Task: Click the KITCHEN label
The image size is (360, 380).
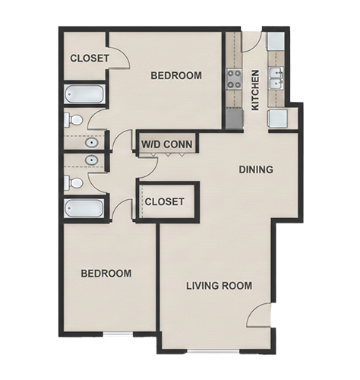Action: coord(255,90)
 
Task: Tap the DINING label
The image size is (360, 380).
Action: coord(256,169)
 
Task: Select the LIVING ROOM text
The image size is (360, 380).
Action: coord(219,286)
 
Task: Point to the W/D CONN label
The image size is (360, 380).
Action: coord(167,144)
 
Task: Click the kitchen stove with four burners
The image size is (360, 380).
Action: coord(234,79)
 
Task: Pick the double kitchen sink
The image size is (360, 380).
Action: coord(276,78)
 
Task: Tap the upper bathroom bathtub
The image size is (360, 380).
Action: coord(84,94)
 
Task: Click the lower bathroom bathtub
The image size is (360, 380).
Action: coord(84,208)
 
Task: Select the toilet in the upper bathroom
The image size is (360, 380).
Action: coord(73,120)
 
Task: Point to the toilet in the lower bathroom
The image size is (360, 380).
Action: coord(73,182)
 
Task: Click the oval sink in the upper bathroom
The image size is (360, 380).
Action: coord(92,143)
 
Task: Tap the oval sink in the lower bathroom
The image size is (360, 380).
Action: coord(92,160)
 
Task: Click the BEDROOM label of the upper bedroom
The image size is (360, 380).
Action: coord(176,75)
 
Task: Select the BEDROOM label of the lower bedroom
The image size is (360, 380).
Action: coord(106,274)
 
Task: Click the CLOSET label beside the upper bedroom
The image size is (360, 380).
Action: coord(90,59)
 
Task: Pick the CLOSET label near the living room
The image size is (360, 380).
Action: coord(165,201)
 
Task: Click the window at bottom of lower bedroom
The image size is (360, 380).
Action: coord(118,334)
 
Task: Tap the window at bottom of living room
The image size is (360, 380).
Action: coord(213,351)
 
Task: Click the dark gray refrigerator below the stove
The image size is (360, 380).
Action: coord(235,118)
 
